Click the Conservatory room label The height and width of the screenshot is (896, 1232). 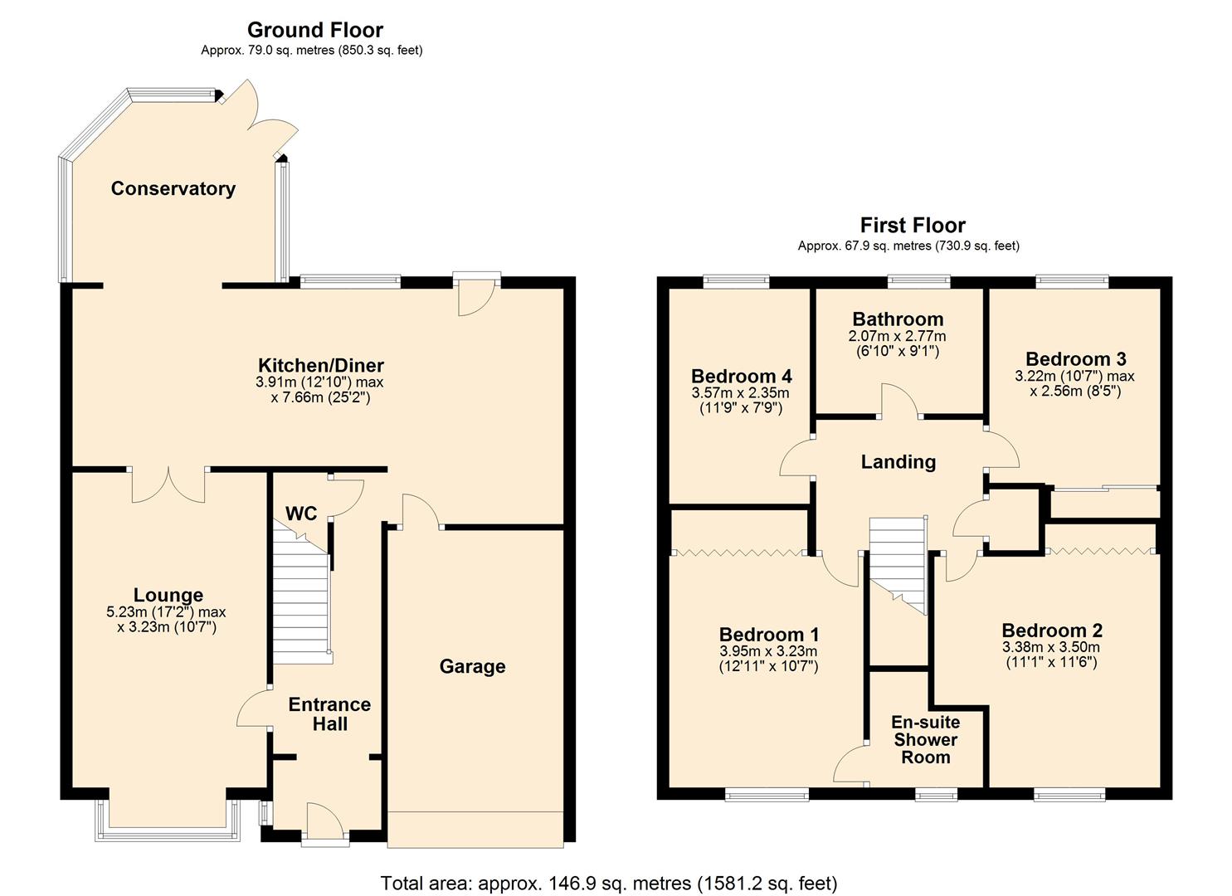point(173,188)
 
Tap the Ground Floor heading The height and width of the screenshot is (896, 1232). point(314,30)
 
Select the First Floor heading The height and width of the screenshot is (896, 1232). point(912,225)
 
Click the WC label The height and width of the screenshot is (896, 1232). point(301,514)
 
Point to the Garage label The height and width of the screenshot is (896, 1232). point(472,666)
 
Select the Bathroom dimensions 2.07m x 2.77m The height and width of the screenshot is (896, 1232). point(897,337)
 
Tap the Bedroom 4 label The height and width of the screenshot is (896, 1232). point(741,376)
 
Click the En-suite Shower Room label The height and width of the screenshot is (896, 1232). point(925,739)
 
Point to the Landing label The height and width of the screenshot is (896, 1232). point(898,462)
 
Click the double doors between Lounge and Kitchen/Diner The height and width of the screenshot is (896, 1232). point(168,485)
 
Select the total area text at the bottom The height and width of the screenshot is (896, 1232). point(608,883)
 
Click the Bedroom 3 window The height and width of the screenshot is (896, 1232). point(1072,282)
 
